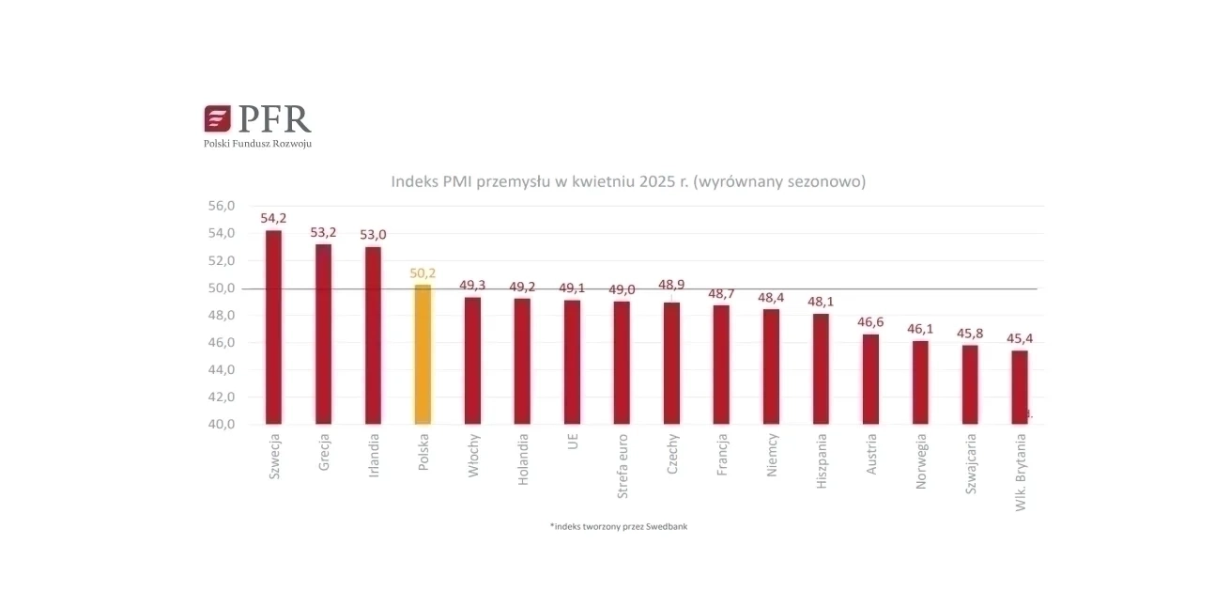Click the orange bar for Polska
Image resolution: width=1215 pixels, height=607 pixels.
[423, 354]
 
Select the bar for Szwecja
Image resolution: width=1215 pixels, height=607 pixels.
[274, 327]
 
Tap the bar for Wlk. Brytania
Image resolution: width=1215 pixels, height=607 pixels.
[1020, 387]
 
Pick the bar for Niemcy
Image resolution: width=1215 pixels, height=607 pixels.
[771, 366]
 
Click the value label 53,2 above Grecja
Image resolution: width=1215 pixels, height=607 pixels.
[324, 232]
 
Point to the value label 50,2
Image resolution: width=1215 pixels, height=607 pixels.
[423, 272]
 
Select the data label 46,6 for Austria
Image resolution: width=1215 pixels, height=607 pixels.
[870, 322]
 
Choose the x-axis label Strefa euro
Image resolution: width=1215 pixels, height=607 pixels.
[623, 466]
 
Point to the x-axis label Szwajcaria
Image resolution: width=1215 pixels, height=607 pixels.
[971, 463]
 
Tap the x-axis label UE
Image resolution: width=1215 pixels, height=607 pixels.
[573, 442]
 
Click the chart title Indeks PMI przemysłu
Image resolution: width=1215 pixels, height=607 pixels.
[628, 181]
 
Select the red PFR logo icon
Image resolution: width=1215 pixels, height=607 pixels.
[217, 118]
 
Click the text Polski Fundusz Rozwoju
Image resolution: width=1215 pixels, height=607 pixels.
[257, 144]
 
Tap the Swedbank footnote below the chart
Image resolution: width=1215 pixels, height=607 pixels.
[619, 526]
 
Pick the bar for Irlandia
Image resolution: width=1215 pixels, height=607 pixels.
[374, 335]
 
